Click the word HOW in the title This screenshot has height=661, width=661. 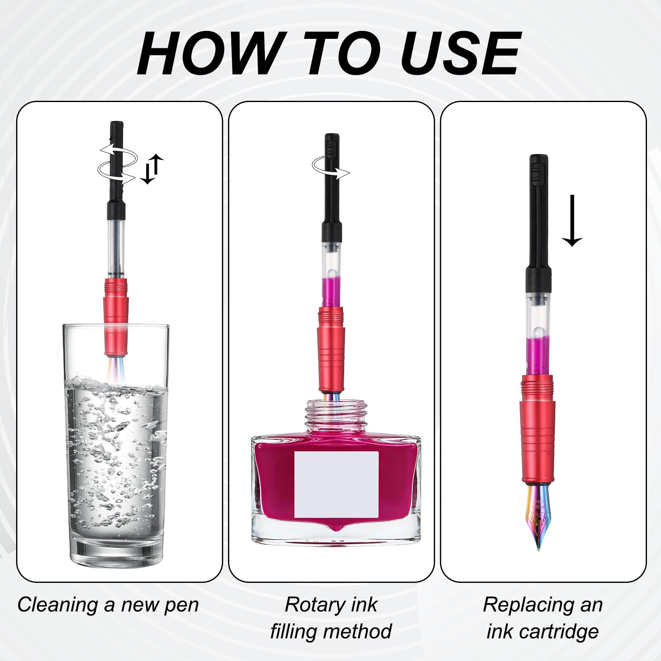210,54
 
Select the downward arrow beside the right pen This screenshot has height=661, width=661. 572,221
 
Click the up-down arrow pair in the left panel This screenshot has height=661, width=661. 151,169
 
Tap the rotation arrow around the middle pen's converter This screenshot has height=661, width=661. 330,169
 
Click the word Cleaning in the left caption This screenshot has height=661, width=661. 58,606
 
